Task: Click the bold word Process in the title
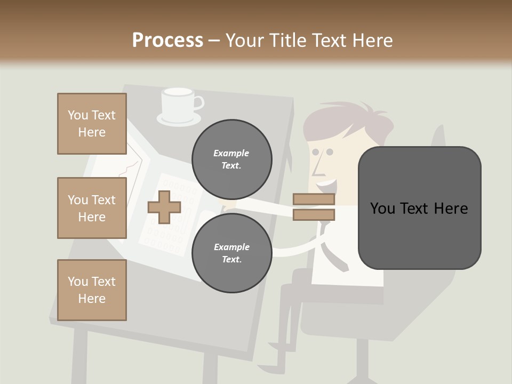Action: [x=167, y=41]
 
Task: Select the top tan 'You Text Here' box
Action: [x=92, y=124]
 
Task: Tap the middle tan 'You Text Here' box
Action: [x=92, y=208]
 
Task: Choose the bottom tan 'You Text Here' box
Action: [x=92, y=290]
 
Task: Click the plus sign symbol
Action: [x=164, y=207]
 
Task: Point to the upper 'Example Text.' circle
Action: [x=231, y=159]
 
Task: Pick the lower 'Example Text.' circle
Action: [x=231, y=253]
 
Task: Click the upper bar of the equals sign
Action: [x=314, y=199]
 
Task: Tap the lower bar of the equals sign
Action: [x=314, y=215]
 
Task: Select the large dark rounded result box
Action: [x=419, y=208]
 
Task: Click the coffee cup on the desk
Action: [x=178, y=103]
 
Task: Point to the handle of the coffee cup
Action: [x=198, y=102]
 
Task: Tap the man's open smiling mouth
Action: [x=326, y=186]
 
